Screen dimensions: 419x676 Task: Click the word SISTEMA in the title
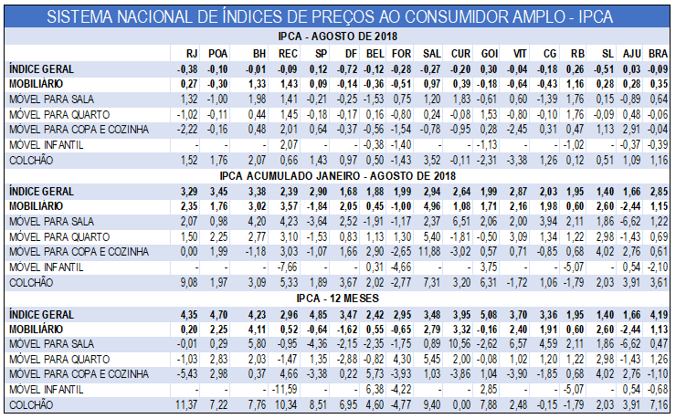[83, 16]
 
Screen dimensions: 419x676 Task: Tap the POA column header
[217, 54]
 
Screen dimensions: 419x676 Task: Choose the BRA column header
[657, 54]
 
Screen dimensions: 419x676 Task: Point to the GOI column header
[490, 54]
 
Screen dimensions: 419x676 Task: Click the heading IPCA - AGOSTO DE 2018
[340, 36]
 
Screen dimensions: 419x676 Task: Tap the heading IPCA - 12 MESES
[340, 298]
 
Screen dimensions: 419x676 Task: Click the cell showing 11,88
[430, 251]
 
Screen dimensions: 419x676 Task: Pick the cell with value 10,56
[460, 344]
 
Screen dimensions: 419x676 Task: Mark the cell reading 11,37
[186, 403]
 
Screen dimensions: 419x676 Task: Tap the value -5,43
[187, 374]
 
